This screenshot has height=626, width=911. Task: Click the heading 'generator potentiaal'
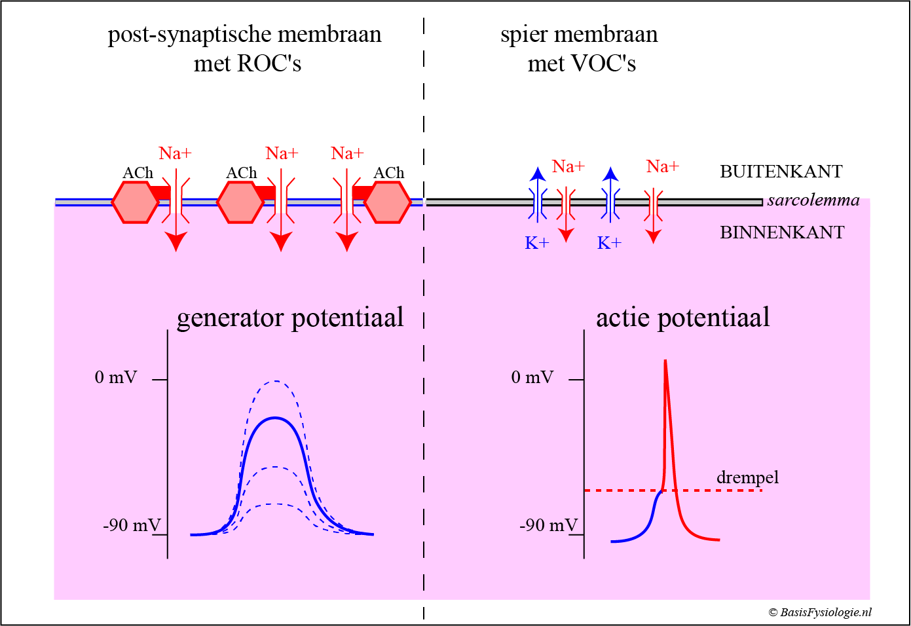point(290,318)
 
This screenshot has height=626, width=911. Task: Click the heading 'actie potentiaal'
point(682,318)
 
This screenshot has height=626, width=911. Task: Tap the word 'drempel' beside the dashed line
point(747,477)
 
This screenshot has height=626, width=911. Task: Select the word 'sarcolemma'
point(813,200)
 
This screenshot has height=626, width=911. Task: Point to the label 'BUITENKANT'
point(781,172)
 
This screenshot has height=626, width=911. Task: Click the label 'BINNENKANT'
point(782,232)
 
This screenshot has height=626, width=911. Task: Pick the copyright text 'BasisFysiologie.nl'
point(825,612)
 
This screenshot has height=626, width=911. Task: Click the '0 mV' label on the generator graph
point(116,377)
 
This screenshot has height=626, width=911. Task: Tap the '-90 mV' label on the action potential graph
point(548,525)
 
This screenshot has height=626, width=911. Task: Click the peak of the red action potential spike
point(665,362)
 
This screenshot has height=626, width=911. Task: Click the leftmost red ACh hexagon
point(135,202)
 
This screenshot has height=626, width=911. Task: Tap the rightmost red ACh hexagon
point(387,202)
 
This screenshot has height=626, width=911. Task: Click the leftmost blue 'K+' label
point(537,244)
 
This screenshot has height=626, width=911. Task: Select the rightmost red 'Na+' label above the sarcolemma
point(662,166)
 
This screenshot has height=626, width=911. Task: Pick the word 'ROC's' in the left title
point(269,64)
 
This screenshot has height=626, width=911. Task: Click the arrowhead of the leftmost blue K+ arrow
point(538,174)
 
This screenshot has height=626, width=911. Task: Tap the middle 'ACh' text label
point(242,173)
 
